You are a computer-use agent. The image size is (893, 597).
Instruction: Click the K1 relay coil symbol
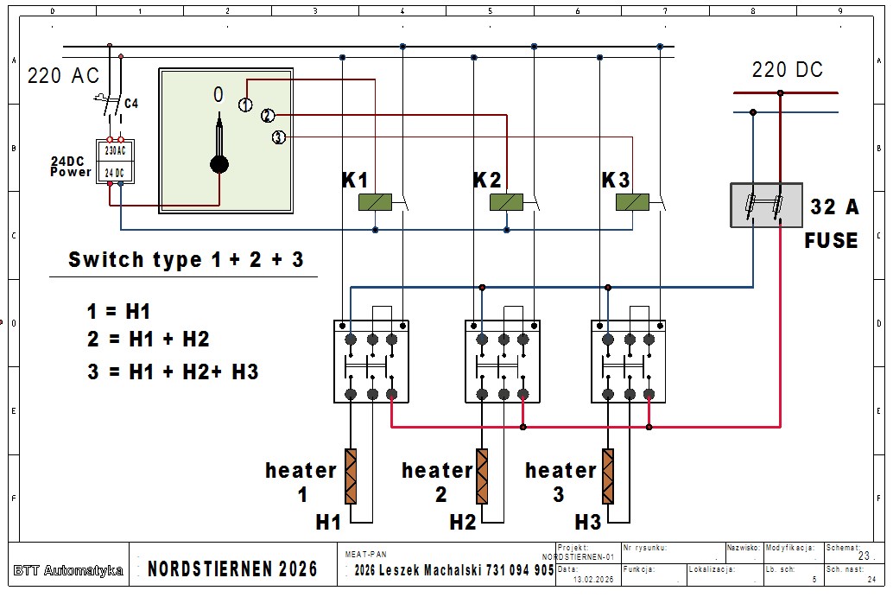(376, 203)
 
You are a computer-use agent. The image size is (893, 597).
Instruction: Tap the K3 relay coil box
(632, 203)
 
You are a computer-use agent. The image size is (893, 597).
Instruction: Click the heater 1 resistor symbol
(351, 476)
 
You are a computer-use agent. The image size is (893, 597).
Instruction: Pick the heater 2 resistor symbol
(482, 476)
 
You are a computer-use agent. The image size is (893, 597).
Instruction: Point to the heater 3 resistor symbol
(608, 476)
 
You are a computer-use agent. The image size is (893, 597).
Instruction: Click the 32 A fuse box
(766, 205)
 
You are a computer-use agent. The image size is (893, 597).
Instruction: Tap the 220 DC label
(787, 70)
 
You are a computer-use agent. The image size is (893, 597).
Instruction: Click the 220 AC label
(63, 76)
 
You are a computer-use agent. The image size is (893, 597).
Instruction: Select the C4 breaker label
(131, 104)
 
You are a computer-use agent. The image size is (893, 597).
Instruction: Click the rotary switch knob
(219, 164)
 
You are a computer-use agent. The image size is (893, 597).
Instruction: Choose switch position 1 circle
(246, 105)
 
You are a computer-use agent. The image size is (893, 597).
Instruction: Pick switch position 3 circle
(278, 137)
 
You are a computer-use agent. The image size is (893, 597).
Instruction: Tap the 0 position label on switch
(218, 94)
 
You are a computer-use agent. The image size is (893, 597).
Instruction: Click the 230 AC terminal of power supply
(115, 149)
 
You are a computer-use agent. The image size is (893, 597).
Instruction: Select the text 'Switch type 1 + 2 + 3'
(186, 260)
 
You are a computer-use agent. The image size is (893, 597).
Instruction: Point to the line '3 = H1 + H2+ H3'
(173, 372)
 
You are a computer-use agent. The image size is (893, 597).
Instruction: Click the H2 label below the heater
(463, 523)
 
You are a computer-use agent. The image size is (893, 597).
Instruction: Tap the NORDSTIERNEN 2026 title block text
(232, 569)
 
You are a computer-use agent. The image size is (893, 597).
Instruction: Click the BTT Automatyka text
(68, 570)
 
